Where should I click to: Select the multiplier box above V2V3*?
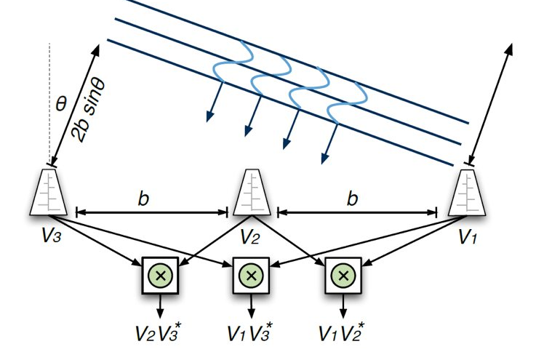pos(159,276)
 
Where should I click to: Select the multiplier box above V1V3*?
pos(250,276)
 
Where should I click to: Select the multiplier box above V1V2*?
pos(341,276)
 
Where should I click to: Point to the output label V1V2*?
pos(342,334)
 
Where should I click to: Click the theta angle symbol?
pos(61,104)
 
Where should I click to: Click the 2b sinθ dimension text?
pos(88,110)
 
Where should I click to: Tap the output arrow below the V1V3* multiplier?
pos(250,305)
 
